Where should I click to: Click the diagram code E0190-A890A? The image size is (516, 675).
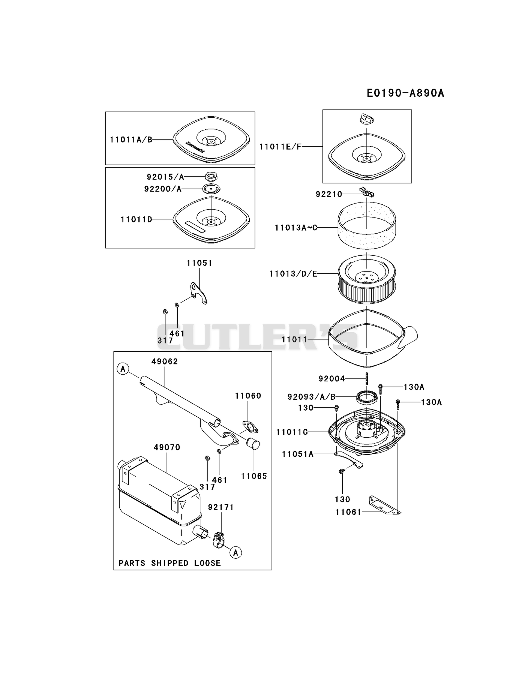(x=405, y=93)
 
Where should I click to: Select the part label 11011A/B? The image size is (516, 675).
(x=131, y=140)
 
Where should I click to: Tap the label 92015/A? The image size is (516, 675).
(x=165, y=177)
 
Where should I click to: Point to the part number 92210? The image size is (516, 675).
(x=329, y=194)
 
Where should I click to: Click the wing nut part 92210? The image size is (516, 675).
(x=366, y=192)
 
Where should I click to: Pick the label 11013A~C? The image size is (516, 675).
(x=296, y=228)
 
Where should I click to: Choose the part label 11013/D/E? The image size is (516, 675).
(x=293, y=274)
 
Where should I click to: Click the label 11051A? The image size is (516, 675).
(x=298, y=454)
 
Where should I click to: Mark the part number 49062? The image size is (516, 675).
(x=165, y=361)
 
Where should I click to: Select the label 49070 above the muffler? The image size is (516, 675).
(x=167, y=447)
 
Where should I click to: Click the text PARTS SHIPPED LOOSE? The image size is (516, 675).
(x=170, y=563)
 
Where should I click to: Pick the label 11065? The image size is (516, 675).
(x=254, y=476)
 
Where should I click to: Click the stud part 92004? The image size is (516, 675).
(x=366, y=379)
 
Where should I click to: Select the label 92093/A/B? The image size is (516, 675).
(x=312, y=397)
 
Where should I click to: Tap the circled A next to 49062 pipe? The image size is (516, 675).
(x=123, y=369)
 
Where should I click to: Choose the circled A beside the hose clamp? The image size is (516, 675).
(x=236, y=552)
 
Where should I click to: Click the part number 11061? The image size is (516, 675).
(x=348, y=512)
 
